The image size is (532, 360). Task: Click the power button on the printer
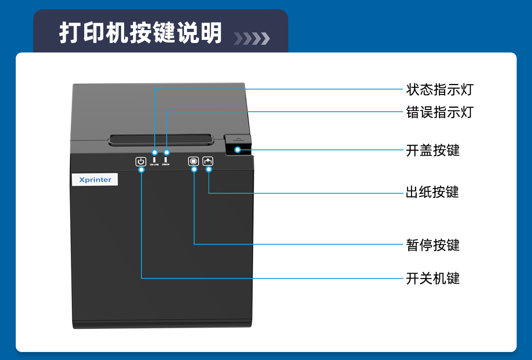[x=141, y=162]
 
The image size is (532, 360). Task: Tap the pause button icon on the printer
[x=193, y=161]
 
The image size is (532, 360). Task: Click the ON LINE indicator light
[x=155, y=159]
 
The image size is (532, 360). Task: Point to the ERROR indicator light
[x=166, y=159]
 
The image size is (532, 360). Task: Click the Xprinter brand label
[x=95, y=180]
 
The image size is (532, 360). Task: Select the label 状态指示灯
[x=439, y=90]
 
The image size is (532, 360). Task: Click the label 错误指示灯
[x=439, y=112]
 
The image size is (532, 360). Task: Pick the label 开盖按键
[x=433, y=150]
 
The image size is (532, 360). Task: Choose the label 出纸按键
[x=432, y=192]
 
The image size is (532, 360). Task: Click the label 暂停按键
[x=433, y=245]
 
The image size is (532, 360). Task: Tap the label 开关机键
[x=433, y=278]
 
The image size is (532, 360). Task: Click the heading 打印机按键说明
[x=141, y=33]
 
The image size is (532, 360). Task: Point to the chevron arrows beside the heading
[x=251, y=39]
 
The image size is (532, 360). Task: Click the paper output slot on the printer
[x=160, y=138]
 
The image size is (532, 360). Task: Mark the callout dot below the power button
[x=141, y=169]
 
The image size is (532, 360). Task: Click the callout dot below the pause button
[x=194, y=169]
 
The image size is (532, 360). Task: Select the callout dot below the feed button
[x=208, y=169]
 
